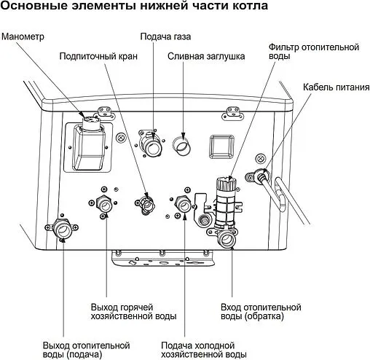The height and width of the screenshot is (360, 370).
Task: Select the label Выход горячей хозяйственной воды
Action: pos(133,311)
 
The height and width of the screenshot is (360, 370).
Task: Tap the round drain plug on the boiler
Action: pos(182,144)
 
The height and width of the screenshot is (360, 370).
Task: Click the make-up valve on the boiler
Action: pos(146,205)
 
